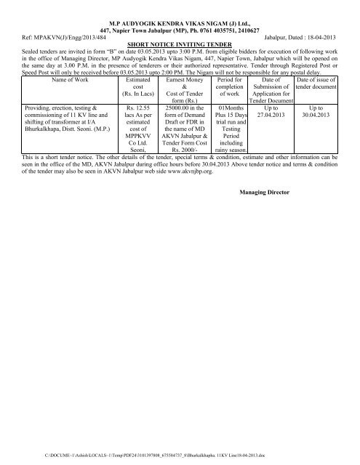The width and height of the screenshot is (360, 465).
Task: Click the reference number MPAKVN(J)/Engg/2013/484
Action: click(x=69, y=35)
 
